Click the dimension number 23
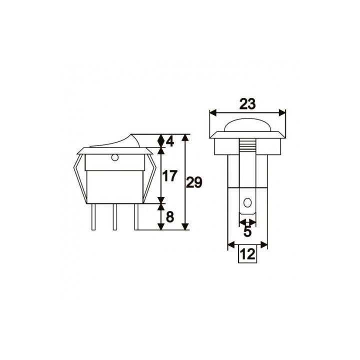click(247, 104)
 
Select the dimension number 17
click(170, 176)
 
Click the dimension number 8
click(169, 217)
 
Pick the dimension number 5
click(247, 232)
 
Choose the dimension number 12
click(247, 254)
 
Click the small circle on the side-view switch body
click(114, 159)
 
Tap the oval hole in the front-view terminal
click(247, 203)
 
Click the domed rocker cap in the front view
click(247, 126)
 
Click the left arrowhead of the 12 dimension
click(230, 245)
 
